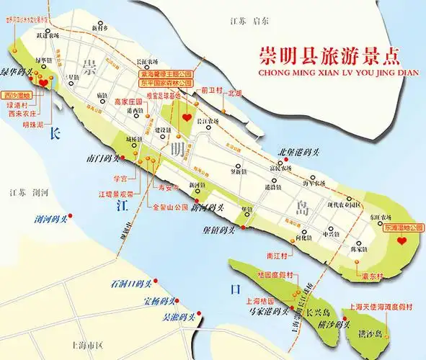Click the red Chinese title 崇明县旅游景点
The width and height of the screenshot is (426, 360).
coord(331,55)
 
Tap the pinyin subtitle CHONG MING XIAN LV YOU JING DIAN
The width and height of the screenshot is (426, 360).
coord(331,71)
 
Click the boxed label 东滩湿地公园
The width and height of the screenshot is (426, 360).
coord(400,228)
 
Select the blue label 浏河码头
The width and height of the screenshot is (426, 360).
coord(53,217)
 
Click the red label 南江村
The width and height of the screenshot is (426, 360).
coord(278,254)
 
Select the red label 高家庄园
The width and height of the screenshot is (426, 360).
coord(130,102)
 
